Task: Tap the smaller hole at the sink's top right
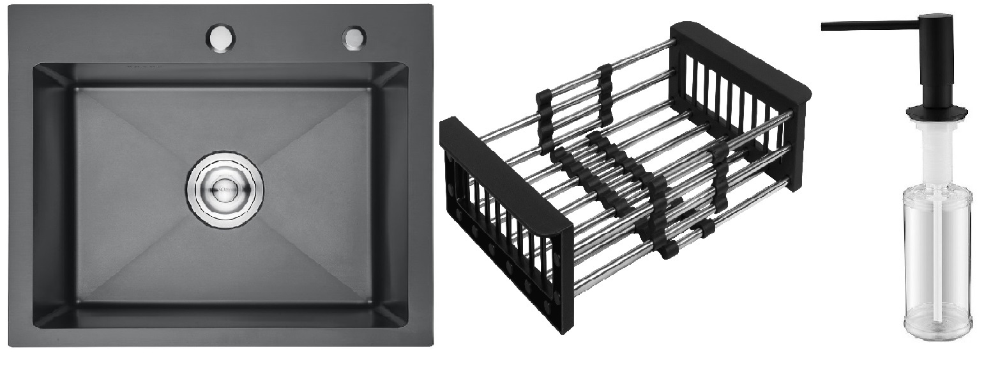coord(352,38)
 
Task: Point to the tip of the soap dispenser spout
coord(824,26)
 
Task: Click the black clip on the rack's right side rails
coord(718,173)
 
